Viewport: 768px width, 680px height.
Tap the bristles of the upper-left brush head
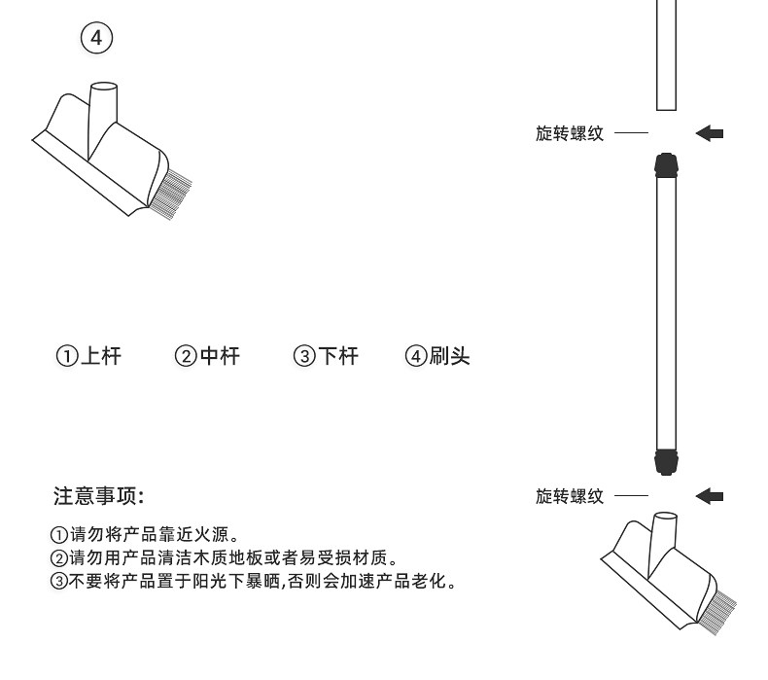coord(168,196)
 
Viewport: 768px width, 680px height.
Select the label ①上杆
coord(87,357)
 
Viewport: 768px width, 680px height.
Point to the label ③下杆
coord(326,357)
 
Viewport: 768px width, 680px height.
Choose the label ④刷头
coord(437,357)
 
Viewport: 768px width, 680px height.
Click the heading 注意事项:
coord(98,496)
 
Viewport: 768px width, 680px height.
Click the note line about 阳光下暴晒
coord(252,582)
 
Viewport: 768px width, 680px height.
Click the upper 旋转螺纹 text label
coord(569,133)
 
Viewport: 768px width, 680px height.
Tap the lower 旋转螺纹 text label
coord(569,497)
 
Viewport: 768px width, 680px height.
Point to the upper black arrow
coord(711,133)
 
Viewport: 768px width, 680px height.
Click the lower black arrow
coord(711,497)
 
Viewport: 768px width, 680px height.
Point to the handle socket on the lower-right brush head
coord(665,530)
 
